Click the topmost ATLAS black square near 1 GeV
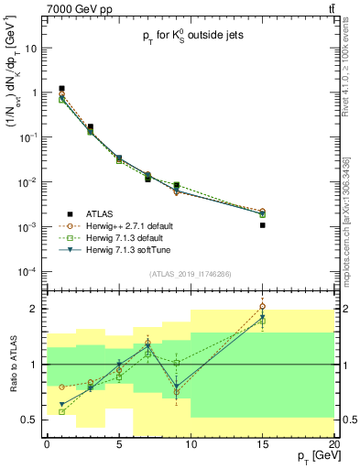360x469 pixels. (61, 89)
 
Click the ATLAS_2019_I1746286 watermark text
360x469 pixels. (189, 273)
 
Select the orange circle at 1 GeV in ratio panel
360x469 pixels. (61, 387)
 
